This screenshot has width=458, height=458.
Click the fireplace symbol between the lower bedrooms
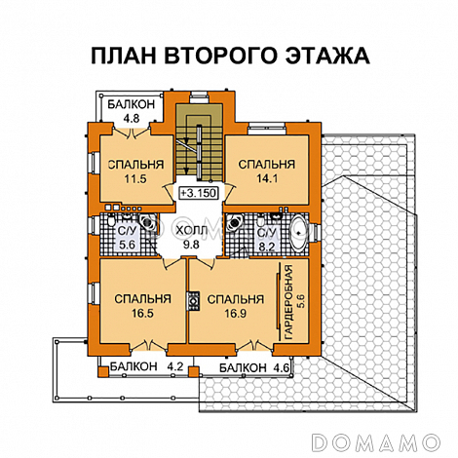[x=193, y=302]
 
